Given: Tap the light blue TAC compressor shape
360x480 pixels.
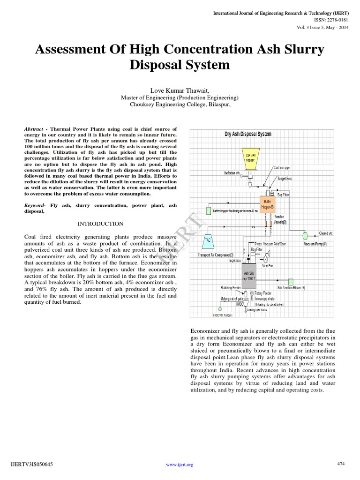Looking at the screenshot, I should point(208,240).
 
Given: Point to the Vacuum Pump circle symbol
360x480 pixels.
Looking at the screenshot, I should point(305,235).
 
